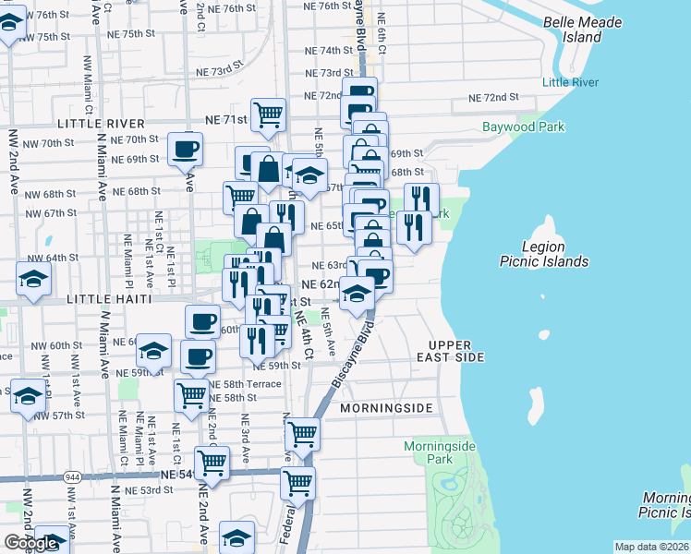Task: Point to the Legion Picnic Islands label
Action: pos(543,254)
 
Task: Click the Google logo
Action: pos(30,543)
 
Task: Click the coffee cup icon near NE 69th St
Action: pos(185,148)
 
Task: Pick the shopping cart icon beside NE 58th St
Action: pos(191,394)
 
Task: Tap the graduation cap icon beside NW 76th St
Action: pos(9,25)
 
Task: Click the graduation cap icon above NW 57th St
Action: pos(28,394)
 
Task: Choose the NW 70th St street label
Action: pos(49,143)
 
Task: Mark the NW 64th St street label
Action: pos(51,258)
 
